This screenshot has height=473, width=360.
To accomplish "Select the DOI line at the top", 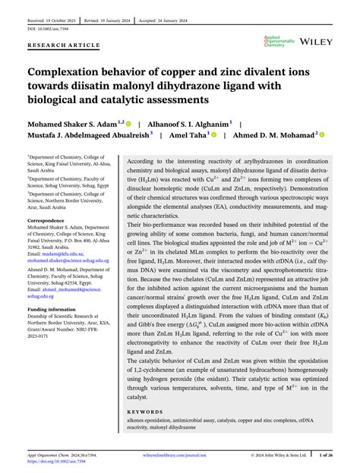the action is (x=48, y=28).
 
